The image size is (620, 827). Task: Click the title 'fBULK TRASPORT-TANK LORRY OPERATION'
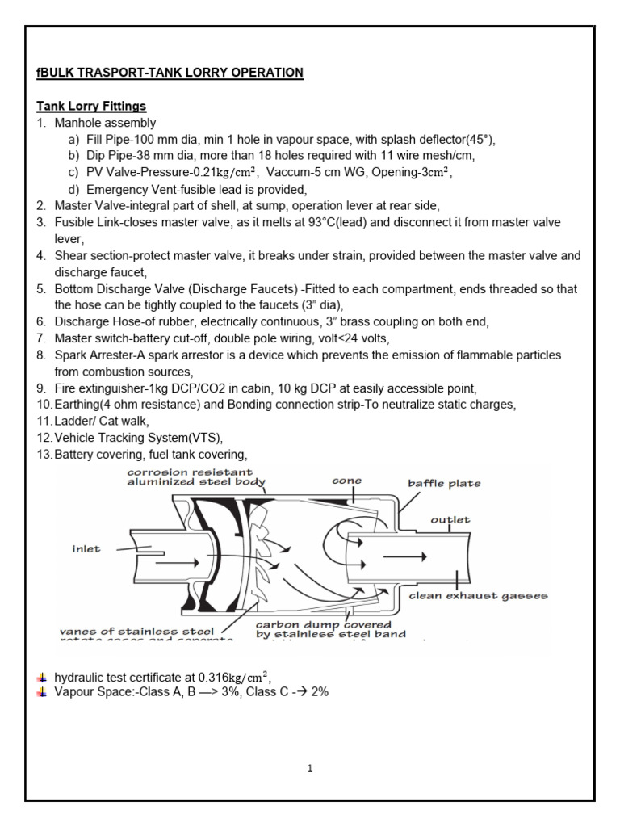pyautogui.click(x=170, y=73)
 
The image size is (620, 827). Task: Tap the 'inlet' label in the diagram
pyautogui.click(x=85, y=549)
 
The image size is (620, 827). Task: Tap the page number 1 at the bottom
pyautogui.click(x=310, y=768)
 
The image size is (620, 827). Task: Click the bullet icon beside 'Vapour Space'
pyautogui.click(x=42, y=692)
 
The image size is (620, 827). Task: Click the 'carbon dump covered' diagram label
pyautogui.click(x=324, y=624)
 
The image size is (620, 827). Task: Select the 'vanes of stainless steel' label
pyautogui.click(x=136, y=630)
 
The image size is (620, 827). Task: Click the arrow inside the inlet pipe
pyautogui.click(x=175, y=560)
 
